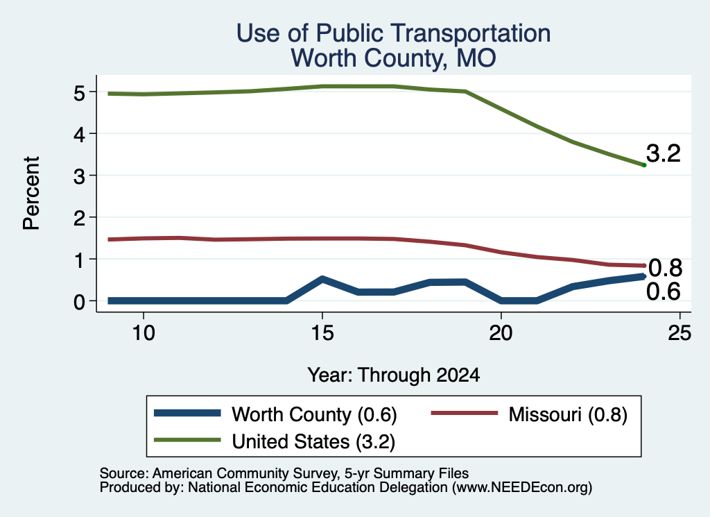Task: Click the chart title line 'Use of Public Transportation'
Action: [x=394, y=33]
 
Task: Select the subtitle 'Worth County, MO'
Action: [x=394, y=58]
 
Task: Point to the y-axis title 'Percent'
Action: [x=31, y=194]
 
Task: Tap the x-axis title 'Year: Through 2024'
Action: [x=394, y=375]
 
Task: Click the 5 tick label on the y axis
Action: [x=79, y=93]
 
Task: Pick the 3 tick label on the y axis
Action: [x=79, y=176]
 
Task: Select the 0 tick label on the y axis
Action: [x=79, y=301]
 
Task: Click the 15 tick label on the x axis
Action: [x=322, y=334]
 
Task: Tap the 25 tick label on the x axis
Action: [x=679, y=334]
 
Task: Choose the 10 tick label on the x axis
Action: [x=144, y=334]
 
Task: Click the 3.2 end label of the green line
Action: [x=664, y=153]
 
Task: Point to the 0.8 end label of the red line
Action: [x=665, y=269]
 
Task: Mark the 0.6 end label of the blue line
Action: [x=664, y=291]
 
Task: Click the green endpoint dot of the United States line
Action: [x=644, y=165]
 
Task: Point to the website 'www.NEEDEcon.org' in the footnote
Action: [x=521, y=488]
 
